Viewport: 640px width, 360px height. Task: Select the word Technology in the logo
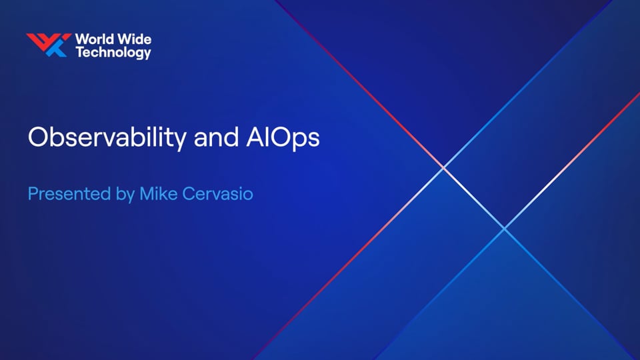[x=113, y=53]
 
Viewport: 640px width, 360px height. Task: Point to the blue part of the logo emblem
[x=56, y=49]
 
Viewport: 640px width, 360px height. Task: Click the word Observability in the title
[x=107, y=137]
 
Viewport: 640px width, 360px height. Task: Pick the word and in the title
[x=216, y=137]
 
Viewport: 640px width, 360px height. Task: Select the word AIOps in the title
[x=283, y=138]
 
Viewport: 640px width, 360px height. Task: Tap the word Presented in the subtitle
[x=69, y=193]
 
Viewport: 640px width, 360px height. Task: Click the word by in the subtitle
[x=125, y=194]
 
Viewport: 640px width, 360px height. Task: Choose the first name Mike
[x=159, y=193]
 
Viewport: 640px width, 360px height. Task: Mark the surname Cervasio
[x=217, y=193]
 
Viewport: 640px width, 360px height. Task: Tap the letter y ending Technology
[x=147, y=55]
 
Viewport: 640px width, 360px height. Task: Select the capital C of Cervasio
[x=189, y=193]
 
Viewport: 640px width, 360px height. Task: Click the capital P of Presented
[x=33, y=193]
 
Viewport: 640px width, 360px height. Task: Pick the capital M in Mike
[x=147, y=193]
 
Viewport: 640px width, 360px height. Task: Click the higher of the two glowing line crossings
[x=444, y=168]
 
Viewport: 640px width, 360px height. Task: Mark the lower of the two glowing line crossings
[x=505, y=229]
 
